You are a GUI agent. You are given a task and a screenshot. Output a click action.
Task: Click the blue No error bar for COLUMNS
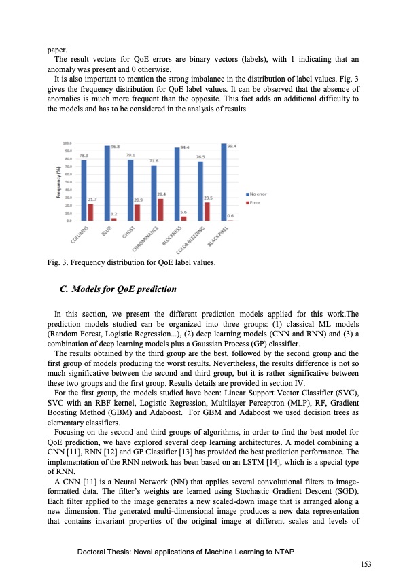click(x=84, y=190)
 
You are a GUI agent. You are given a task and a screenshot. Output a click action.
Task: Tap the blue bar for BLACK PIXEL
click(x=224, y=182)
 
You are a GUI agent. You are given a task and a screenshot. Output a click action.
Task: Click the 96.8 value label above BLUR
click(x=116, y=146)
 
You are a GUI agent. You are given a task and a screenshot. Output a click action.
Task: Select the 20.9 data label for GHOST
click(x=138, y=200)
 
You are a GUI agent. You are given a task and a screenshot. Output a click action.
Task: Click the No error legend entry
click(x=258, y=194)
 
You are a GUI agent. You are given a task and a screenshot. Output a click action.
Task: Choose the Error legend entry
click(x=255, y=202)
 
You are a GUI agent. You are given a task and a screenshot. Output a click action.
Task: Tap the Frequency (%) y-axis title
click(x=67, y=182)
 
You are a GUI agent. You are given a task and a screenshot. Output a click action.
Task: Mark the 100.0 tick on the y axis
click(x=67, y=143)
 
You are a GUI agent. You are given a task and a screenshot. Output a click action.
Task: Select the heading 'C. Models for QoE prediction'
click(x=118, y=289)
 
